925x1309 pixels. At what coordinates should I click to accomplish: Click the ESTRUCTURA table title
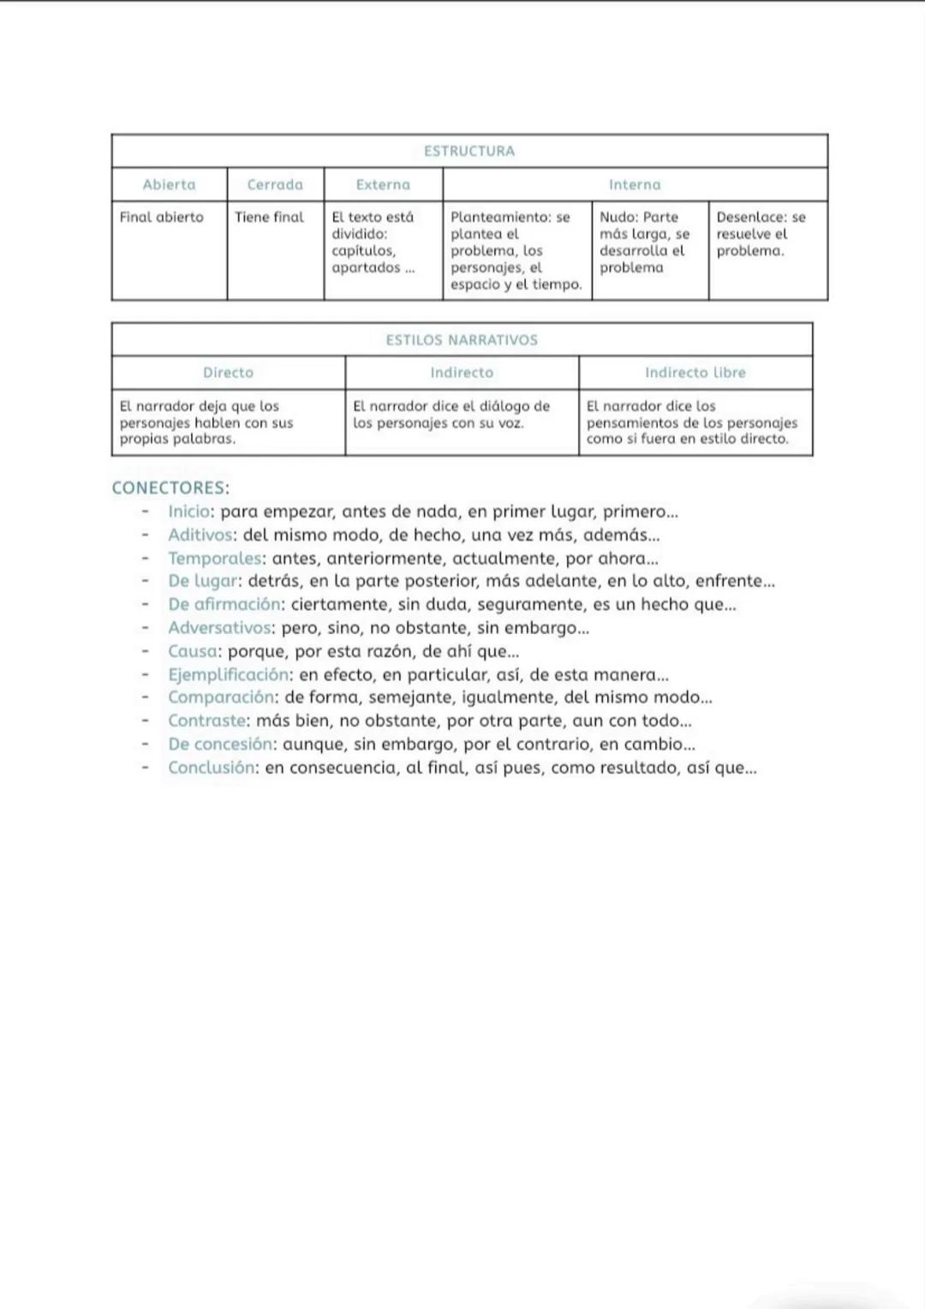tap(469, 151)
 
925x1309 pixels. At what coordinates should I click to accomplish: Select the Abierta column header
tap(169, 184)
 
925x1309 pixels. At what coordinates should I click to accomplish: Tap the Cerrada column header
tap(275, 184)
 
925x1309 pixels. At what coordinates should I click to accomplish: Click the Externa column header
tap(383, 184)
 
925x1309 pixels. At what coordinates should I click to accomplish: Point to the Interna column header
tap(635, 184)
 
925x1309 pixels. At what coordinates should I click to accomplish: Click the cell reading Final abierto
tap(162, 218)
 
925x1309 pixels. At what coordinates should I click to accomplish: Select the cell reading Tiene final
tap(269, 218)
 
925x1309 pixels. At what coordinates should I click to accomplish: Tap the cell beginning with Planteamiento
tap(516, 250)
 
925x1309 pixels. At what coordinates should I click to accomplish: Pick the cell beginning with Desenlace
tap(761, 234)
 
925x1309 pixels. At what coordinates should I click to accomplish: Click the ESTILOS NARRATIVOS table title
tap(462, 340)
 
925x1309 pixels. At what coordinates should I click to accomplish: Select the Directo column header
tap(228, 373)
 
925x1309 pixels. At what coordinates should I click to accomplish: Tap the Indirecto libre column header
tap(695, 373)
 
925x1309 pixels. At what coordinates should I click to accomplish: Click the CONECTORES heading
tap(170, 488)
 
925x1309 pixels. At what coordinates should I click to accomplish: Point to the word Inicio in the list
tap(189, 512)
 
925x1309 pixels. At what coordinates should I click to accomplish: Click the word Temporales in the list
tap(215, 559)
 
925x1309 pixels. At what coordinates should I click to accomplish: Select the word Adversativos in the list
tap(219, 628)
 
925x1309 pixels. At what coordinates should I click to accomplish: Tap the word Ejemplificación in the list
tap(228, 675)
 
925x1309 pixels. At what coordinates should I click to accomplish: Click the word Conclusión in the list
tap(212, 768)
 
